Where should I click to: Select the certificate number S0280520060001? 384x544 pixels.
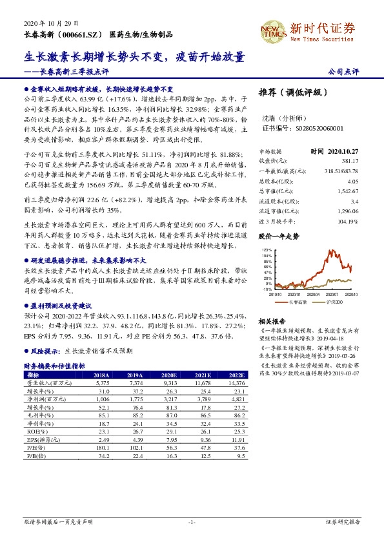pos(301,129)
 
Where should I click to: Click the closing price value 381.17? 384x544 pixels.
pos(349,160)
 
